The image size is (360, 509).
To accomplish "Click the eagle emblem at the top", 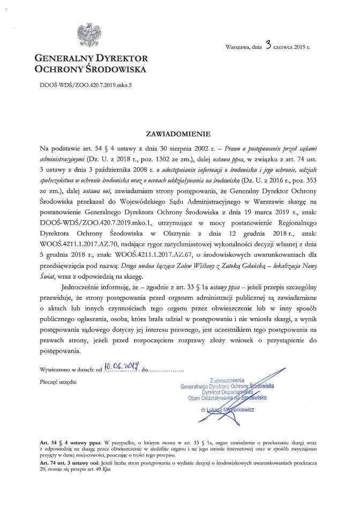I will pyautogui.click(x=86, y=34).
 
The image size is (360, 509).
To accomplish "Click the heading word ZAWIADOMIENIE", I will pyautogui.click(x=180, y=131).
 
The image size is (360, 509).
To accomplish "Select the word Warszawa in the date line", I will pyautogui.click(x=238, y=48).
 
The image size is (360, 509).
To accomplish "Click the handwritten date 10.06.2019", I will pyautogui.click(x=122, y=368).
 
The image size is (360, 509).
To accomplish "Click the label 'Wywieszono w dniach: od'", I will pyautogui.click(x=70, y=370).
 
